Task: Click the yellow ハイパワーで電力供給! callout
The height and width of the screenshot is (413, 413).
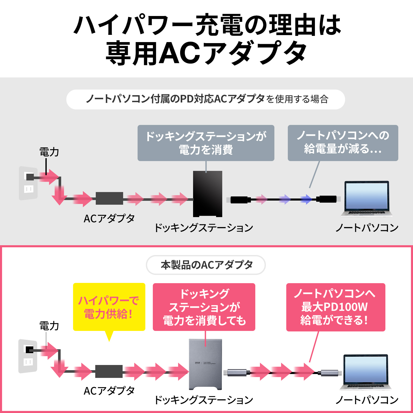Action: (x=109, y=307)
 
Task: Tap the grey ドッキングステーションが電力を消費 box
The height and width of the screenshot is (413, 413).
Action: (x=206, y=143)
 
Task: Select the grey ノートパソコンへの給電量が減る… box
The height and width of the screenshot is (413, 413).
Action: (x=343, y=143)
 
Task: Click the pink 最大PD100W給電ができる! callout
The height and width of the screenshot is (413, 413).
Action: (x=336, y=307)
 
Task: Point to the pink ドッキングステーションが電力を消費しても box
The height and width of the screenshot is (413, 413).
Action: (x=204, y=307)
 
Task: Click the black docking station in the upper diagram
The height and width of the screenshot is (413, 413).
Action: (x=208, y=194)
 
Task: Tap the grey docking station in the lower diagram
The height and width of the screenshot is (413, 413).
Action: (x=205, y=364)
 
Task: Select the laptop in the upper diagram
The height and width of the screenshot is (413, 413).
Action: (x=367, y=198)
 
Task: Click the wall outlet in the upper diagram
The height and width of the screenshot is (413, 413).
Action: (x=28, y=183)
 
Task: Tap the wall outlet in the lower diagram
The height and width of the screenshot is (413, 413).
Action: (x=28, y=356)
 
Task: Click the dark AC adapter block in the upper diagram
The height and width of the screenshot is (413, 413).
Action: (x=109, y=198)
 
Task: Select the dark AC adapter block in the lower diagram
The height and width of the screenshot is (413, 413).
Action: (x=109, y=371)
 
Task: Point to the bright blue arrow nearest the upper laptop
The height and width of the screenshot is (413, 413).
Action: (x=306, y=199)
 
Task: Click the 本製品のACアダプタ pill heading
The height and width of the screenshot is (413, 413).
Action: (x=206, y=265)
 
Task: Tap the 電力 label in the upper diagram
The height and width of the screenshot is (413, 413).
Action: (x=49, y=152)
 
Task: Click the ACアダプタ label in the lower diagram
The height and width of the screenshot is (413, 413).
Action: (x=109, y=391)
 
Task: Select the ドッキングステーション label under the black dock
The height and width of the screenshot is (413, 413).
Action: (x=203, y=228)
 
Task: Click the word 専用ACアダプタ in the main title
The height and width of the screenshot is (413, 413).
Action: (x=206, y=53)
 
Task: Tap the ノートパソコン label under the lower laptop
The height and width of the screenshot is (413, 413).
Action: (x=367, y=400)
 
